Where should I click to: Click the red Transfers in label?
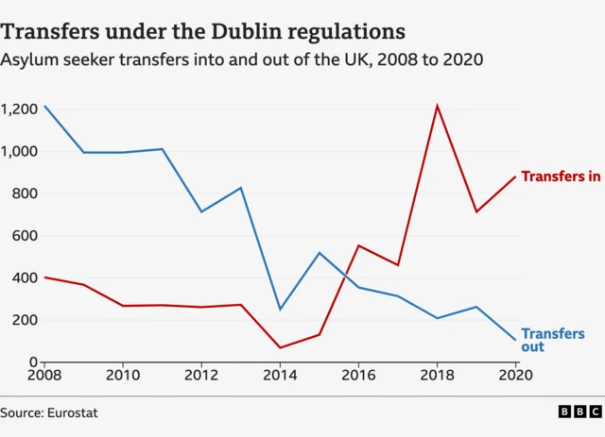(561, 176)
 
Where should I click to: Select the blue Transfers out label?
(552, 341)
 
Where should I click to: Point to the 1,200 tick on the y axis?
(19, 109)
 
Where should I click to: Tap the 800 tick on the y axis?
(25, 193)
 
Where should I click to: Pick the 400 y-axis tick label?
(25, 277)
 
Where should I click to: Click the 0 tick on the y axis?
(32, 361)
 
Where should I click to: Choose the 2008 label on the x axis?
(44, 377)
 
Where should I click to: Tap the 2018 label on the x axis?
(438, 377)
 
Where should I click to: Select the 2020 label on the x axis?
(516, 377)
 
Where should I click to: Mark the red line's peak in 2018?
(438, 105)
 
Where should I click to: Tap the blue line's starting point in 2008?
(44, 106)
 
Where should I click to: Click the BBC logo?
(579, 412)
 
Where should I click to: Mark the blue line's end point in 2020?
(516, 340)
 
